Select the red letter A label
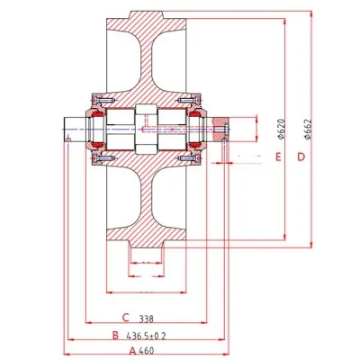point(132,350)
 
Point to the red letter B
point(114,335)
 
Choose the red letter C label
point(127,319)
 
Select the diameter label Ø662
point(307,132)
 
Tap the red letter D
point(301,157)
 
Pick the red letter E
point(280,157)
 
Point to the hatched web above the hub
point(148,63)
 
